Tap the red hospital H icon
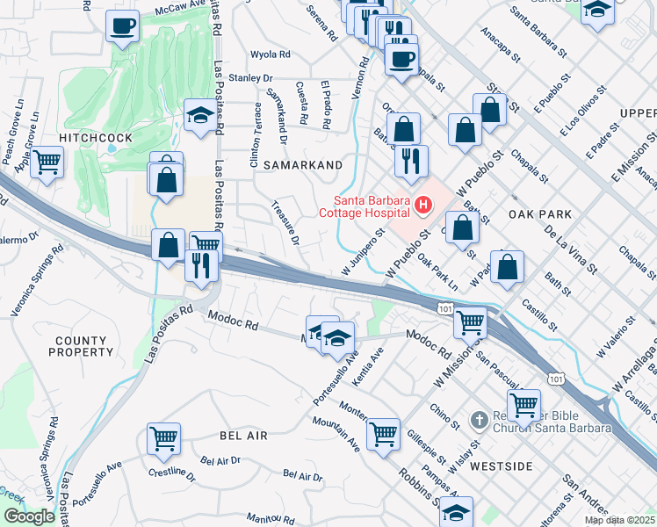tap(424, 206)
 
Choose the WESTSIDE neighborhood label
tap(501, 466)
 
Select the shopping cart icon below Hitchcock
tap(47, 162)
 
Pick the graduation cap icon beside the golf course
tap(200, 115)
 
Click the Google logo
tap(29, 516)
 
